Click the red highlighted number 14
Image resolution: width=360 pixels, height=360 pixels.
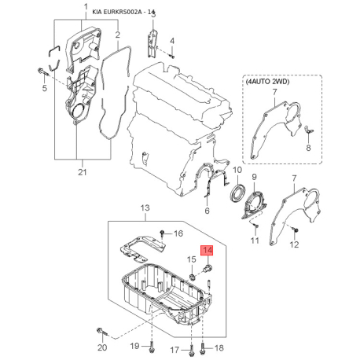[208, 251]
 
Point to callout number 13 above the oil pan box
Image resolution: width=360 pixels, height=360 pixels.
[144, 208]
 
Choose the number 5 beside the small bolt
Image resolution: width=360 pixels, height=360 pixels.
[44, 88]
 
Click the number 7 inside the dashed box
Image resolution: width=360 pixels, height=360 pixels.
[275, 94]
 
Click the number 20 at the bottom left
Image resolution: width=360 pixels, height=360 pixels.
[101, 347]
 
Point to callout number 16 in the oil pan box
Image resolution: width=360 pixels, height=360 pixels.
[178, 233]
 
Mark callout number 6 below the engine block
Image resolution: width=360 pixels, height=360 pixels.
[207, 211]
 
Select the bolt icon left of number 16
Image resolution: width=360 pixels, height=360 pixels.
[161, 233]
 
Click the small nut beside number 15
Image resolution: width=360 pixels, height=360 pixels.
[193, 276]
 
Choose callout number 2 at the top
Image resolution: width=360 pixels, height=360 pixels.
[117, 35]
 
